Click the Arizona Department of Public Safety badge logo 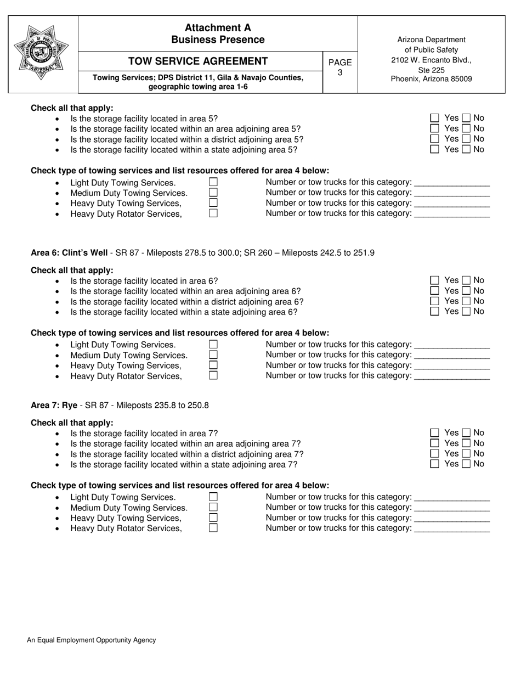tap(42, 53)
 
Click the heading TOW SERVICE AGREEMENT tap(198, 61)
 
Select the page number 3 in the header tap(339, 72)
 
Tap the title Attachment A tap(218, 27)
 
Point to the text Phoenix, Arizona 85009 tap(431, 79)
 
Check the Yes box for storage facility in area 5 tap(435, 118)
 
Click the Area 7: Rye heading tap(54, 406)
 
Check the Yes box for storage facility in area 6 tap(435, 280)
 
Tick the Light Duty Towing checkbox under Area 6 tap(213, 345)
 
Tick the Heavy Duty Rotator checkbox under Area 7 tap(213, 528)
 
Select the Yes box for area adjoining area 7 tap(435, 443)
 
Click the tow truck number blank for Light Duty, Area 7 tap(452, 497)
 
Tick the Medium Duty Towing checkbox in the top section tap(213, 193)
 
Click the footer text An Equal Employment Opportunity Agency tap(92, 640)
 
